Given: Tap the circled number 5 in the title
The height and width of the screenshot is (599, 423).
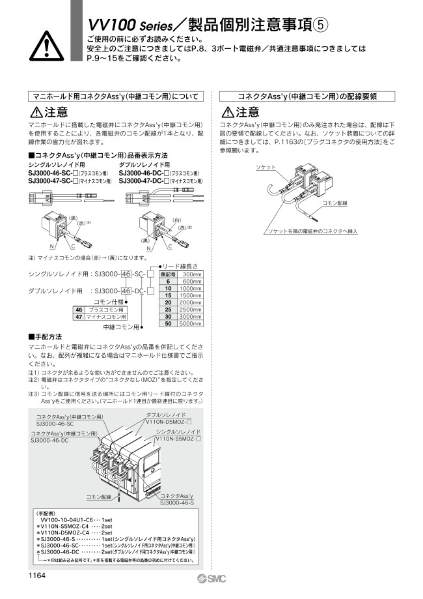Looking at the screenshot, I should [321, 23].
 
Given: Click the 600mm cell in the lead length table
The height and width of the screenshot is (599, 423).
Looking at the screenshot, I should [191, 281].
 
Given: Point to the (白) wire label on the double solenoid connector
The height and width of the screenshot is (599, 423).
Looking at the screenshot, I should [179, 221].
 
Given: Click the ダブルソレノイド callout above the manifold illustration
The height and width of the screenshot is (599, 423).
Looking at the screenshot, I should [165, 415].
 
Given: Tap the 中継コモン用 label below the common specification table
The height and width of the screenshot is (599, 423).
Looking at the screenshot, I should [122, 326].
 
